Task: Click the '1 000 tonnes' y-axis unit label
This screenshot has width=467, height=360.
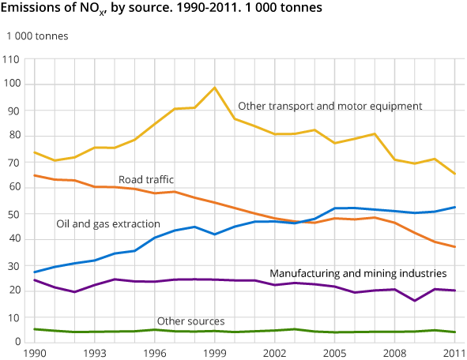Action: point(37,37)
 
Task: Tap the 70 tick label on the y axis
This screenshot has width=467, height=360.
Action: point(13,162)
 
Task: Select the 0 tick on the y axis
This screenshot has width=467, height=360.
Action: point(16,342)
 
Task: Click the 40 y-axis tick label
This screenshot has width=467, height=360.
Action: point(13,239)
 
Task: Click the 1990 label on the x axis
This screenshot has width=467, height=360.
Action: point(33,354)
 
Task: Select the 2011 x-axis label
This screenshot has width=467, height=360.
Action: point(454,354)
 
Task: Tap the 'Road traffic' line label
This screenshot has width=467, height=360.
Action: point(146,179)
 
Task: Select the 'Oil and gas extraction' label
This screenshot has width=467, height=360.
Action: point(108,224)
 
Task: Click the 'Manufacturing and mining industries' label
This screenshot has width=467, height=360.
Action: point(358,273)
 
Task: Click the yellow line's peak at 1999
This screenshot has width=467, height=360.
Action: point(214,88)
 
